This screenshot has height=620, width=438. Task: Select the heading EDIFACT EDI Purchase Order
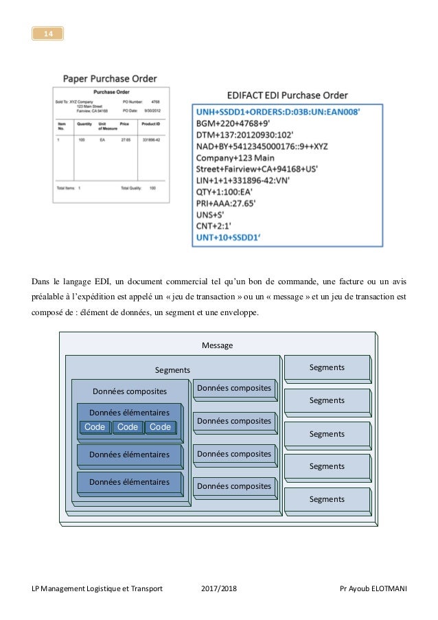[x=286, y=95]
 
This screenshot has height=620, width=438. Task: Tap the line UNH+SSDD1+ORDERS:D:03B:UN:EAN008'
[x=277, y=111]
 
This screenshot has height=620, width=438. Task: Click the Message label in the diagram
[x=217, y=345]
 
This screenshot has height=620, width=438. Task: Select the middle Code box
[x=128, y=427]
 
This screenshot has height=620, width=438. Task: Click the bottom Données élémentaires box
[x=129, y=483]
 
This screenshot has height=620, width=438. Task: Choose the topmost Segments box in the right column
[x=327, y=368]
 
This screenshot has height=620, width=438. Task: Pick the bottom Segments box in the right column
[x=327, y=500]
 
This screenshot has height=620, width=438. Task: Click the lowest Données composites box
[x=233, y=486]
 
